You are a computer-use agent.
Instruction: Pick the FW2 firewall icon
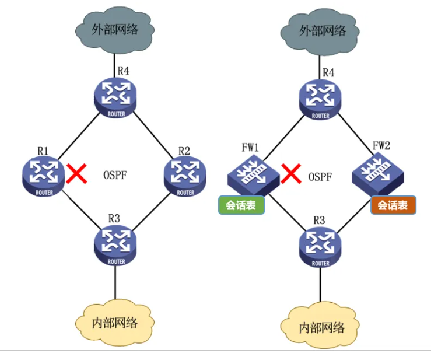[374, 176]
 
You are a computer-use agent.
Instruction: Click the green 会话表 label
[241, 205]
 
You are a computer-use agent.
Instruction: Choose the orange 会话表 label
[393, 205]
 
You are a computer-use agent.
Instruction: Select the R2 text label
[184, 151]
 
